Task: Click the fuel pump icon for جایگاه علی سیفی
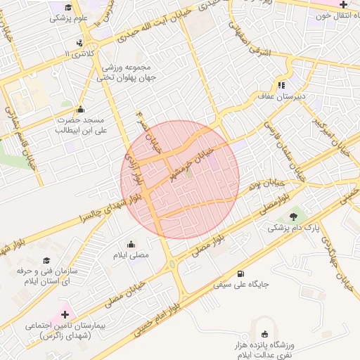point(242,273)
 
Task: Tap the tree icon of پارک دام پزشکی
point(292,215)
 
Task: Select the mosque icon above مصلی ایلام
point(131,245)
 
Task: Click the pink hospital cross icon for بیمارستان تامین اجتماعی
point(65,314)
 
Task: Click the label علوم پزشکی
point(69,18)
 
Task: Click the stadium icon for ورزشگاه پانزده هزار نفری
point(264,334)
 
